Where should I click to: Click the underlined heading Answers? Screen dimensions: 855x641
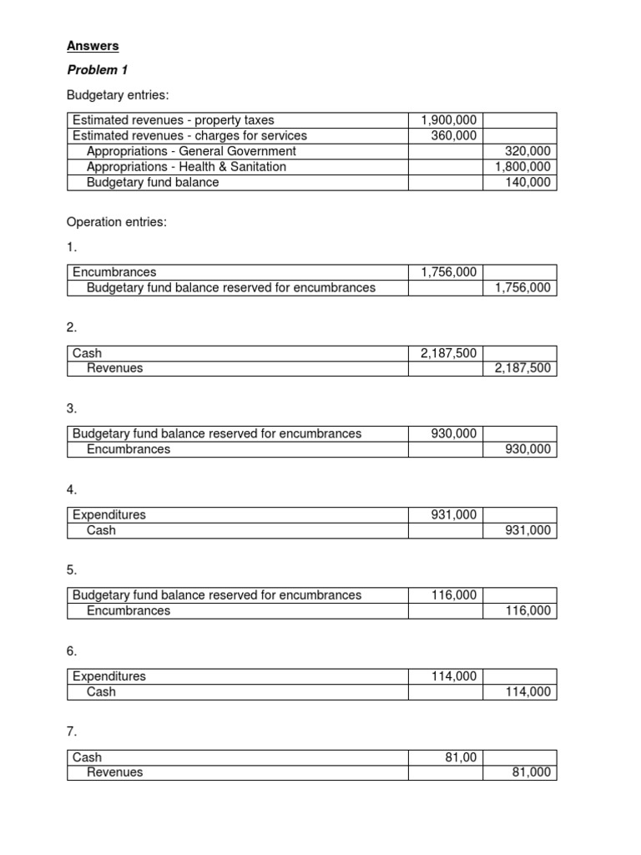click(93, 46)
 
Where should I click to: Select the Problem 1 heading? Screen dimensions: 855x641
click(97, 70)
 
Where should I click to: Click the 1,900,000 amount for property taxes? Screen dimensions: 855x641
click(449, 120)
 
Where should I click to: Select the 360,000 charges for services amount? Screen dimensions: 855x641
click(454, 135)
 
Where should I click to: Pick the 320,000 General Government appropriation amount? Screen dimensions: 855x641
click(528, 151)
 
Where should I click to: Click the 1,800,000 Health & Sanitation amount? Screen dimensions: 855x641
click(522, 166)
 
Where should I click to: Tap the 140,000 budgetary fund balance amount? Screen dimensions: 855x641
click(528, 182)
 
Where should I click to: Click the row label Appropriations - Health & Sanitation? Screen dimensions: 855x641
click(186, 166)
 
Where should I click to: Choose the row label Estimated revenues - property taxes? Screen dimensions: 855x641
click(173, 120)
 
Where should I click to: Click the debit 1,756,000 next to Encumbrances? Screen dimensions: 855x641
click(449, 272)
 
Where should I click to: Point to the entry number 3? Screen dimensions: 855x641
click(72, 408)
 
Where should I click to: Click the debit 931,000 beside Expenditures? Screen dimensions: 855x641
click(454, 514)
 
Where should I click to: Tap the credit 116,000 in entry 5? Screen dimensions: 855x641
click(528, 610)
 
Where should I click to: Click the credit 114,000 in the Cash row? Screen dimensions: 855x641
click(528, 691)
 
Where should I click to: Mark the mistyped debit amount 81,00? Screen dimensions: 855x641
click(461, 757)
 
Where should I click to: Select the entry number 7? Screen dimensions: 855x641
click(72, 731)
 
